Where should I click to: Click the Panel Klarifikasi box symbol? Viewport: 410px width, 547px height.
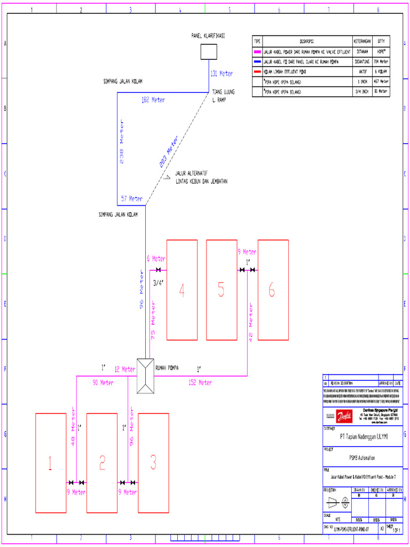[209, 51]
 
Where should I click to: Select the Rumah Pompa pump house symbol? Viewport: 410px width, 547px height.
[145, 376]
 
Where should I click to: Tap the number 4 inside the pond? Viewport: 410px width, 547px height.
[182, 291]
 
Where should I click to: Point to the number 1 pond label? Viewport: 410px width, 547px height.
[50, 463]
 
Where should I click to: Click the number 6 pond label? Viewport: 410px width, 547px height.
[272, 291]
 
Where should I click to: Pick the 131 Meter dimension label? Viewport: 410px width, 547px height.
[222, 74]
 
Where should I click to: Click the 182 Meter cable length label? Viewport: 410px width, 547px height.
[153, 100]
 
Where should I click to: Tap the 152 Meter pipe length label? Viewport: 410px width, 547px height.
[200, 382]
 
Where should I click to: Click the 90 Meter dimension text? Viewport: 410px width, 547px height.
[103, 382]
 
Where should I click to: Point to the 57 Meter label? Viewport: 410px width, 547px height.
[131, 199]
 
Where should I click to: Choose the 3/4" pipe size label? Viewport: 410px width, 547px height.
[158, 283]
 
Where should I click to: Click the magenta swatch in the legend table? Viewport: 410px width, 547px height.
[257, 52]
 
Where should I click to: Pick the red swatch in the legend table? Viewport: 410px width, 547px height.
[257, 72]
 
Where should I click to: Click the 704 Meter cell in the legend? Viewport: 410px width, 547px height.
[381, 62]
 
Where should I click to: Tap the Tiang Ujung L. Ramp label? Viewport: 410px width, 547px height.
[223, 96]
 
